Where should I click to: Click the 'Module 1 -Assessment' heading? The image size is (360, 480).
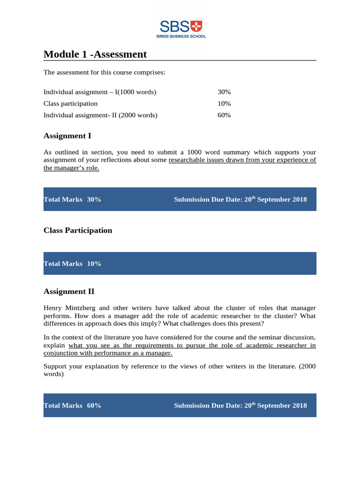point(95,54)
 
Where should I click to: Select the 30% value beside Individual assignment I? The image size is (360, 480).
point(224,92)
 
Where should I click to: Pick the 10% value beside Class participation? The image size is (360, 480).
point(224,104)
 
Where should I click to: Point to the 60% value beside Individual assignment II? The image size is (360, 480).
point(224,115)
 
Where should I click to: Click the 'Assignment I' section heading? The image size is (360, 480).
point(67,136)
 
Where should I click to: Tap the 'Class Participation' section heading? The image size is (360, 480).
point(78,231)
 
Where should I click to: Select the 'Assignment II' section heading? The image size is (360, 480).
point(69,292)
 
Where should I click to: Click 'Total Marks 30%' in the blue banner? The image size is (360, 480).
point(72,200)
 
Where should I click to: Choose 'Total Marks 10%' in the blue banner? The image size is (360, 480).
point(72,264)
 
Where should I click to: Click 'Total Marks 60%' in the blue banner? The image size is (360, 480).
point(72,406)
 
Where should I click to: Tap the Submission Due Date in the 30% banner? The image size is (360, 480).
point(240,200)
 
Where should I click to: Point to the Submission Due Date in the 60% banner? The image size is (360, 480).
point(240,406)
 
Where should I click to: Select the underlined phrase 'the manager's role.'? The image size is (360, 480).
point(71,168)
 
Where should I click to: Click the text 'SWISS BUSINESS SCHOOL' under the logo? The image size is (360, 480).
point(181,36)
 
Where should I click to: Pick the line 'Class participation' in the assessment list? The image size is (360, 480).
point(71,104)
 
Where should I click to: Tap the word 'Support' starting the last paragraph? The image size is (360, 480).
point(55,367)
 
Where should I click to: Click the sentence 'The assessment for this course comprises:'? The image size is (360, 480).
point(104,73)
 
